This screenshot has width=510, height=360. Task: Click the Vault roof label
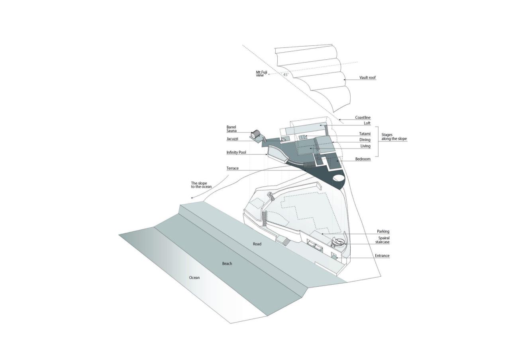coord(367,78)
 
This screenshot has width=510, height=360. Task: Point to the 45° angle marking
coord(286,74)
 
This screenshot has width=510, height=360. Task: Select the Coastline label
coord(363,117)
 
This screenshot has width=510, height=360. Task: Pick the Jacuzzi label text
coord(232,139)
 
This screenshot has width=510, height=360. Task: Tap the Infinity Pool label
coord(236,153)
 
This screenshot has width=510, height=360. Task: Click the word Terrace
coord(232,168)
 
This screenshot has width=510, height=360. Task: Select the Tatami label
coord(365,134)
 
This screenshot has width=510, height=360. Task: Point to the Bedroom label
coord(363,159)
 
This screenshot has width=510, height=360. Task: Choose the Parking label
coord(383,231)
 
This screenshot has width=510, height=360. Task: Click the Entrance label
coord(382,256)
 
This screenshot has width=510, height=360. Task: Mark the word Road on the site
coord(257,244)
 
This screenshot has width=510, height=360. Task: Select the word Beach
coord(227,264)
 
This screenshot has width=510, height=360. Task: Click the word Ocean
coord(194,278)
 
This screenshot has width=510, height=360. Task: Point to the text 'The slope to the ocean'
coord(201,185)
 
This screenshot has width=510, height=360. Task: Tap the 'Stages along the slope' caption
coord(394,137)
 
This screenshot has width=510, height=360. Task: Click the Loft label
coord(367,123)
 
